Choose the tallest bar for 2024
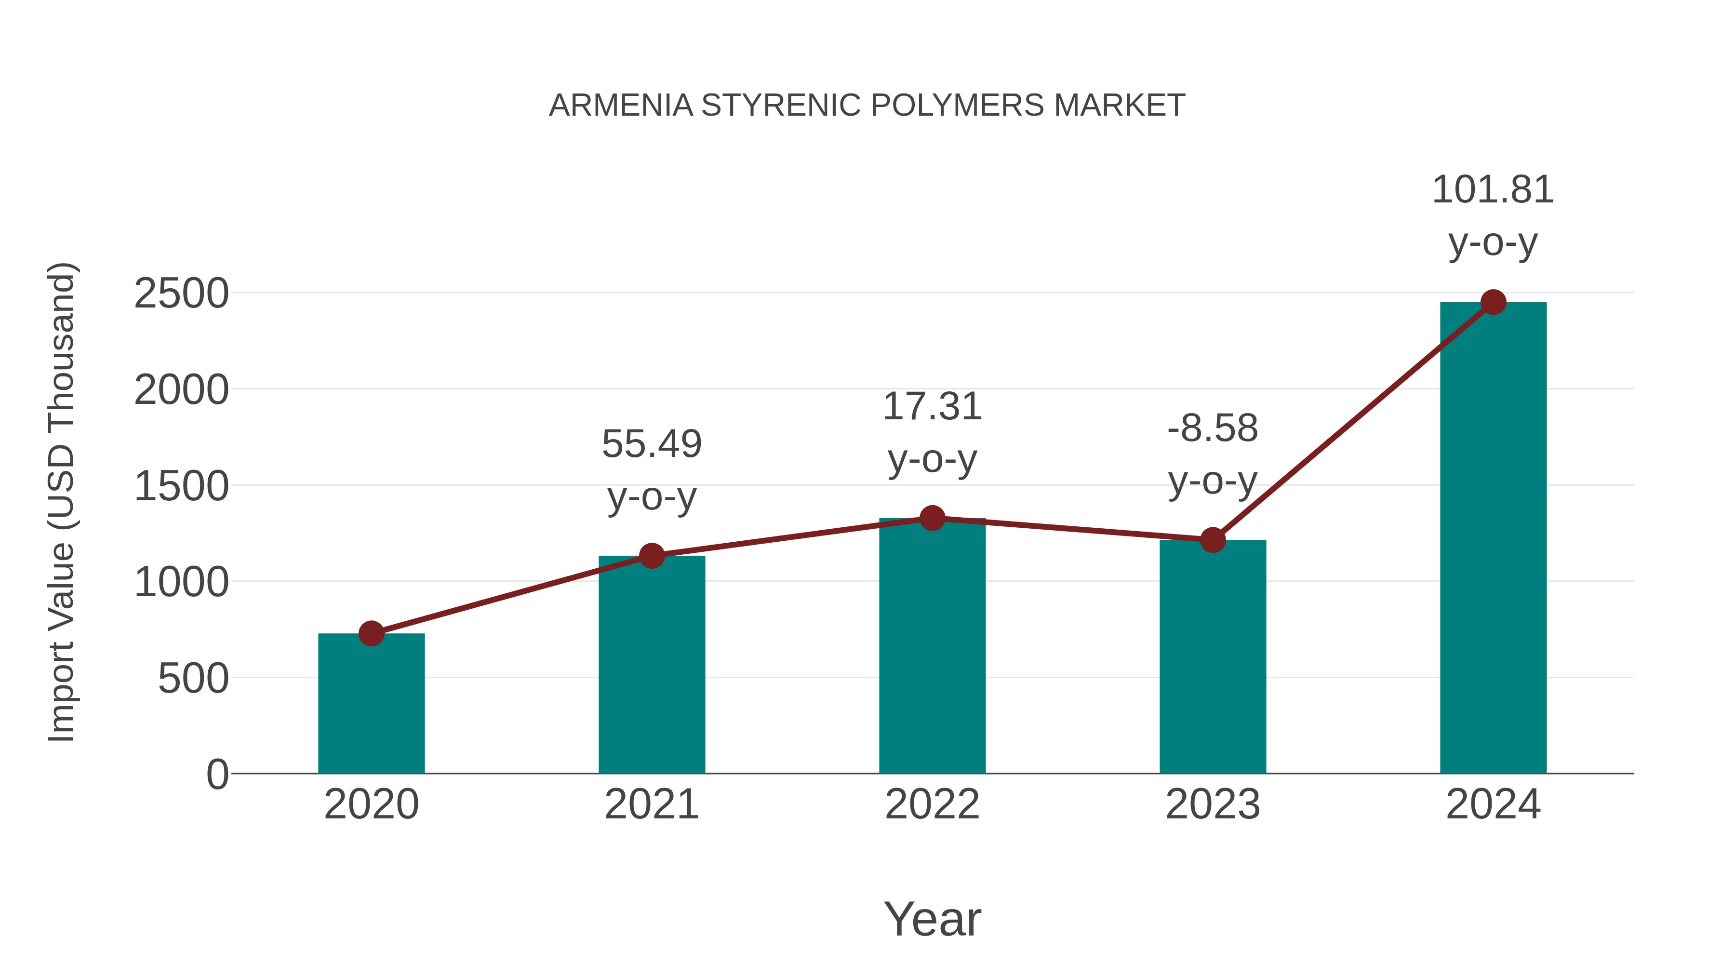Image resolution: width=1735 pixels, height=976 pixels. tap(1493, 538)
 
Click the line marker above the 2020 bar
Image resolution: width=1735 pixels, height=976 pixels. tap(371, 634)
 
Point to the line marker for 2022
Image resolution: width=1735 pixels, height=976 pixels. tap(932, 519)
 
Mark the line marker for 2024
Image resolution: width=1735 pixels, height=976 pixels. tap(1493, 302)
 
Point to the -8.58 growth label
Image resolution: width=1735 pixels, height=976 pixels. tap(1213, 454)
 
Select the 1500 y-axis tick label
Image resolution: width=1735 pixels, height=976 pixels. tap(181, 486)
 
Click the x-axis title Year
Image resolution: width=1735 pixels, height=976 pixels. tap(932, 919)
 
